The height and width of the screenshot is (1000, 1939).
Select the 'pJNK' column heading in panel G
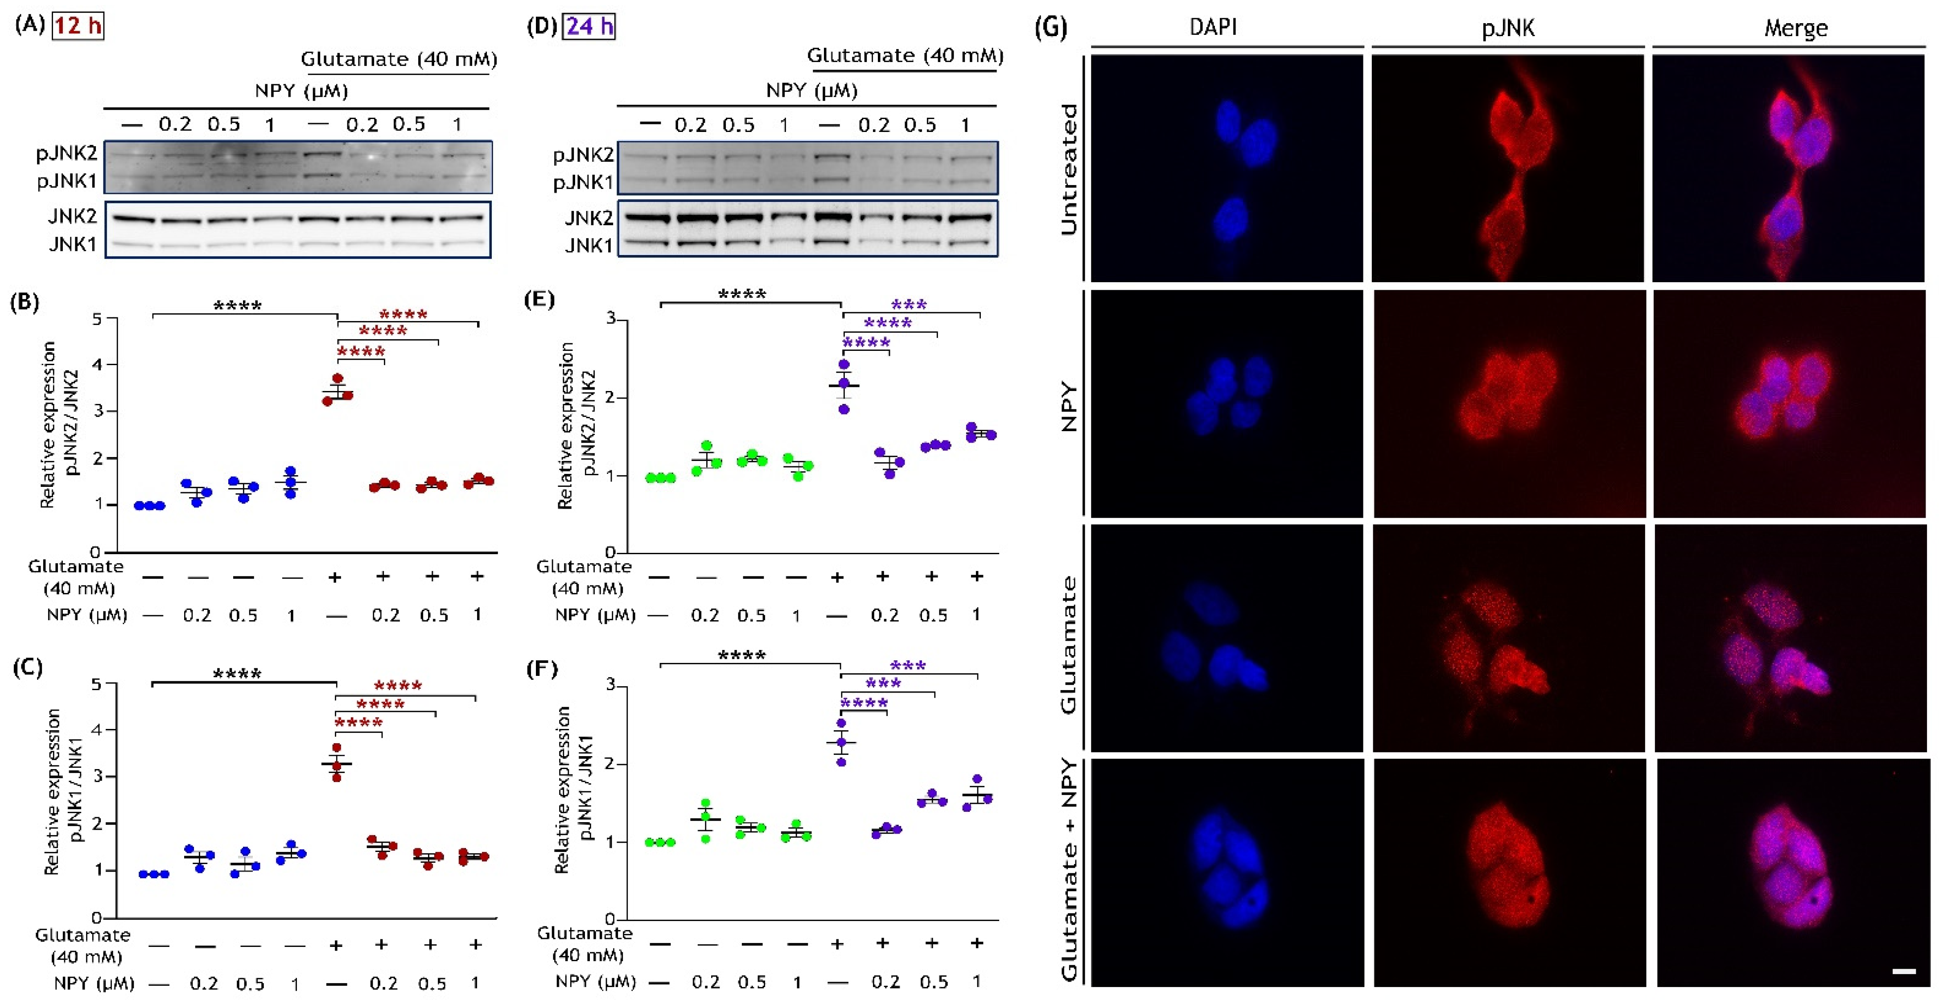coord(1508,28)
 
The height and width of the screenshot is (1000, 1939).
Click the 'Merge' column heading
coord(1795,28)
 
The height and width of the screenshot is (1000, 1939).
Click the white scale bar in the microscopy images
coord(1904,971)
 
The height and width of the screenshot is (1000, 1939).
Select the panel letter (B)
coord(24,302)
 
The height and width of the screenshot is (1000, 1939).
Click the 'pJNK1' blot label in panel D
coord(583,183)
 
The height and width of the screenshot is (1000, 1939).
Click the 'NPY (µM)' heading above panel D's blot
coord(811,91)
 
